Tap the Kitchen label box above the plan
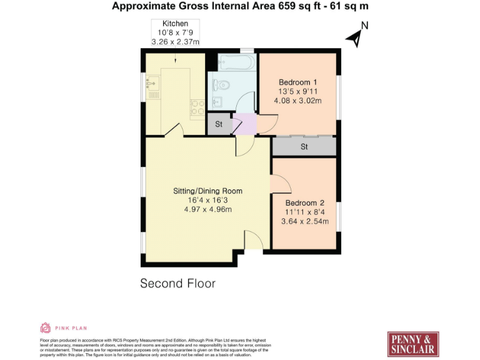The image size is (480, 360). point(175,33)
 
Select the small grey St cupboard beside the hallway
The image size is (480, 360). point(219,124)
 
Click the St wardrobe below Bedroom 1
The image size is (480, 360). point(304,147)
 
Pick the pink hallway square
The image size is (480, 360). point(246,124)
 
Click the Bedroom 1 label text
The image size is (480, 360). point(298,82)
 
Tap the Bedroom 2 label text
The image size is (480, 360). point(304,202)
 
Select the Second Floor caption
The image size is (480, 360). point(177,283)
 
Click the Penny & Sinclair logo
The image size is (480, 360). point(412,343)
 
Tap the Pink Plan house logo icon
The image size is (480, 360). point(46,327)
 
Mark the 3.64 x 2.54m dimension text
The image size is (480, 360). point(304,221)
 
